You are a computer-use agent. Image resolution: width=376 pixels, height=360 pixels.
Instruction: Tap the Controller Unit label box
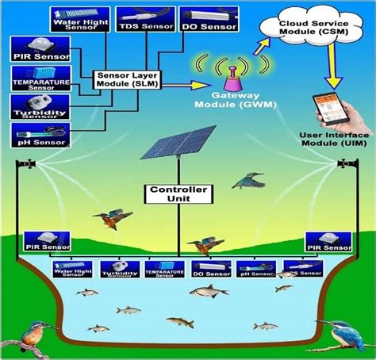(179, 193)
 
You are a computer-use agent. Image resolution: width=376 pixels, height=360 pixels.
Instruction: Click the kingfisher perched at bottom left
(34, 337)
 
